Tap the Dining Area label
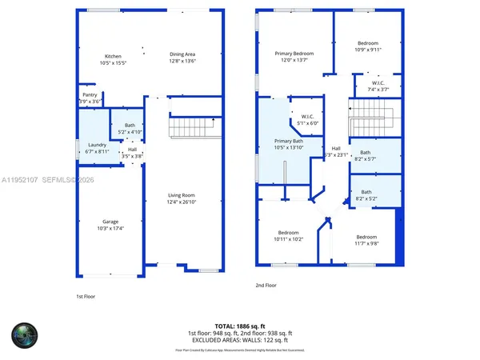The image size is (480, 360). click(182, 58)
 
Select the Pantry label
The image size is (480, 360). click(90, 98)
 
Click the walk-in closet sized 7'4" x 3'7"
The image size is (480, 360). click(378, 86)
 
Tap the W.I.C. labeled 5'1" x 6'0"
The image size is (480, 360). click(307, 120)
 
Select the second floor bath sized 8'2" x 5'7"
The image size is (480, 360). click(366, 155)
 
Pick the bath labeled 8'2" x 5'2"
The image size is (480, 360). click(366, 194)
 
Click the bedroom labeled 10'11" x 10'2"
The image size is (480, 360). click(288, 235)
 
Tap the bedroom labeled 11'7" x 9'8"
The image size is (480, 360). click(366, 239)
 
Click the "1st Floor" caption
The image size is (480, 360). click(86, 297)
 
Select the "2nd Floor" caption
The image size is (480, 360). click(266, 286)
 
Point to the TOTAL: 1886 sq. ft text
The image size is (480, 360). click(240, 326)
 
